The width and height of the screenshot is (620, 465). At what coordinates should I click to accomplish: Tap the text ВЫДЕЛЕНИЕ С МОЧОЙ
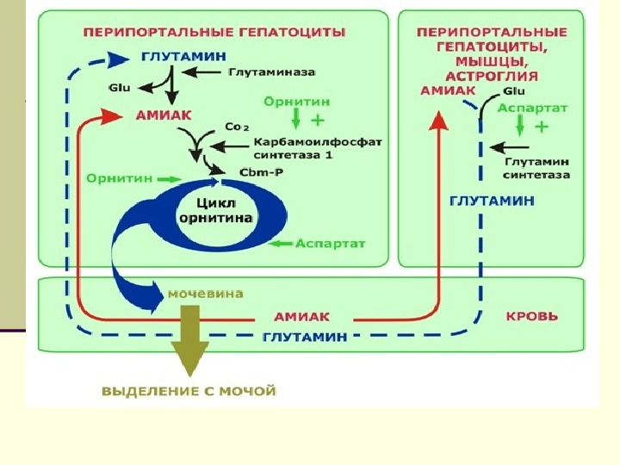pos(189,391)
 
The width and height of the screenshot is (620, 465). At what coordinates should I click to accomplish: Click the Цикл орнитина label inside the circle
pos(214,212)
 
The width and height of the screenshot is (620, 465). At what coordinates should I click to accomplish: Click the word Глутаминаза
pos(271,72)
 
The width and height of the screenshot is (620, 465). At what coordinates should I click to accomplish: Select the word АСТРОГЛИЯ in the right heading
pos(490,76)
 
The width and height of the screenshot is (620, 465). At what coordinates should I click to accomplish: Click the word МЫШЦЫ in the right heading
pos(490,61)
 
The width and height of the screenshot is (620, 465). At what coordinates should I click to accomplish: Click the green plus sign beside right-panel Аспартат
pos(542,127)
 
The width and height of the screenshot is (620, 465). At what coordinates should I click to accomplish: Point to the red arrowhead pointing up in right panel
pos(438,123)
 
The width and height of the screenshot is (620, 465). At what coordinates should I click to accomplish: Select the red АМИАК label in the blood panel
pos(301,316)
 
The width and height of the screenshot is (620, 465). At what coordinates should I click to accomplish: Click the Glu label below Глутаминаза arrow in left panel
pos(118,87)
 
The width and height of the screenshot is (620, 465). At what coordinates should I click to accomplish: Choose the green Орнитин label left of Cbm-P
pos(119,177)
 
